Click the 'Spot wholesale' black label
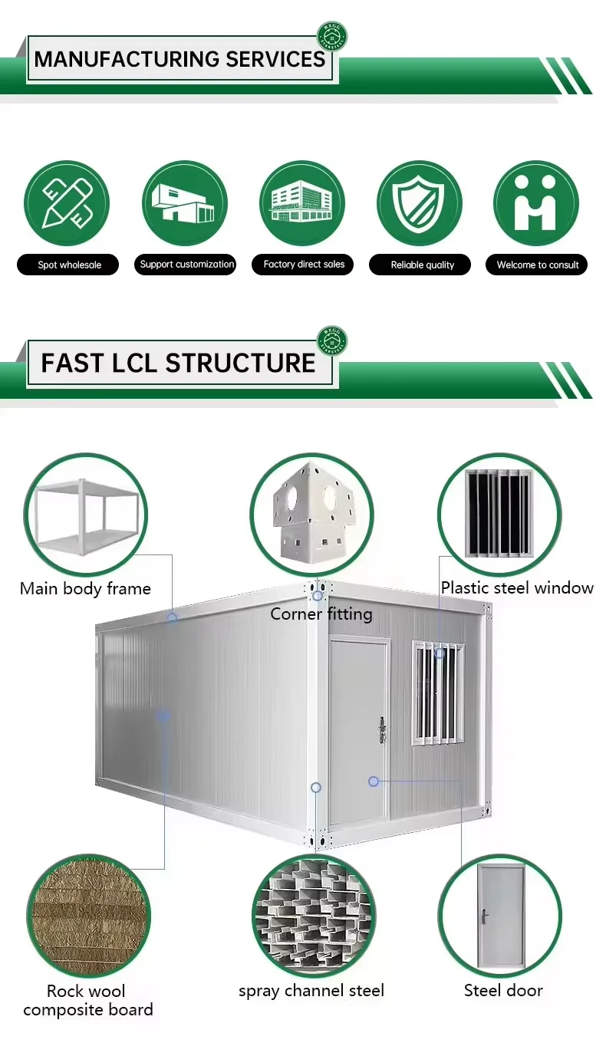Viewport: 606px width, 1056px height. (68, 265)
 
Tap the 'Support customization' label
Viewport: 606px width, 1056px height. (186, 265)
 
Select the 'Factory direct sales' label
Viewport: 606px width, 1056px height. (304, 265)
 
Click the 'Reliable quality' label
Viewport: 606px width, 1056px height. (422, 265)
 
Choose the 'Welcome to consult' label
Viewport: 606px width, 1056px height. (537, 265)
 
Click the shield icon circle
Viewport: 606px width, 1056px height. (419, 203)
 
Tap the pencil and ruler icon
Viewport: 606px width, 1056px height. (67, 203)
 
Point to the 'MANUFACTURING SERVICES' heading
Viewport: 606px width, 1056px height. (180, 59)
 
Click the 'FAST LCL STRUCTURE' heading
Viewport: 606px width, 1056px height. (179, 363)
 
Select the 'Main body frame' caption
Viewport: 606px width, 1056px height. (85, 589)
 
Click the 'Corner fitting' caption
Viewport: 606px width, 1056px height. (321, 614)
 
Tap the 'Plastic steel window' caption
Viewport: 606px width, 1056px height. (517, 588)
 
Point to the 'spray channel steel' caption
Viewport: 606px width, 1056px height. (311, 991)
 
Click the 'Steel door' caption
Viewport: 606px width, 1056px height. (503, 991)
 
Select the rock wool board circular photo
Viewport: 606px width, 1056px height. (87, 916)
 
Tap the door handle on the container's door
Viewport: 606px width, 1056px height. (381, 730)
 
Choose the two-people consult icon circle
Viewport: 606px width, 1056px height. (535, 203)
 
